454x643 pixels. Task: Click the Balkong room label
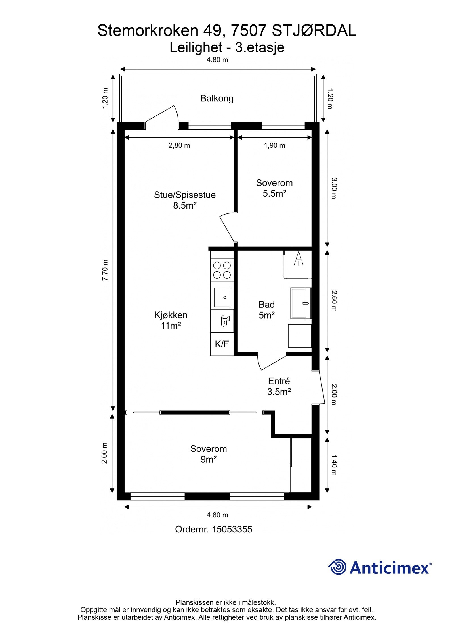(x=217, y=99)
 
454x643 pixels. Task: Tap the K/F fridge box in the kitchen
(x=222, y=344)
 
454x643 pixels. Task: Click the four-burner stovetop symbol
(x=222, y=270)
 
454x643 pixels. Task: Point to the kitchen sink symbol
(x=222, y=297)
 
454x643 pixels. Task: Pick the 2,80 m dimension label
(x=179, y=145)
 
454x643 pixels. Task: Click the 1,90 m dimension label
(x=274, y=145)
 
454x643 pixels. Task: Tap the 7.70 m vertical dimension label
(x=105, y=270)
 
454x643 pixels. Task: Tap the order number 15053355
(x=232, y=529)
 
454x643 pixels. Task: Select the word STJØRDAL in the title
(x=314, y=30)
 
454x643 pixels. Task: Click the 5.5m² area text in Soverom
(x=274, y=193)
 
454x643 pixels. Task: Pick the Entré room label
(x=279, y=381)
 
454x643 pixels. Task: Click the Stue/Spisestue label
(x=185, y=195)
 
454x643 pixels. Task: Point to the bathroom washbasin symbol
(x=301, y=303)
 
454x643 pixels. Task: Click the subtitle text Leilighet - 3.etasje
(x=227, y=47)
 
